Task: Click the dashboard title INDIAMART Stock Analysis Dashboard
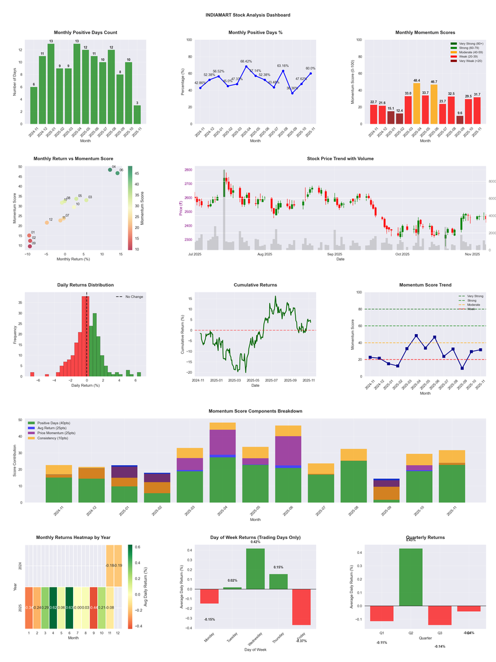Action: pos(248,14)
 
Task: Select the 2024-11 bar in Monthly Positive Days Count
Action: pos(33,106)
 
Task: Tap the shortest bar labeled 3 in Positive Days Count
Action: pos(137,115)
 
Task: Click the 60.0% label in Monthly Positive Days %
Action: pos(310,69)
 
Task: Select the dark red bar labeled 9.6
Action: pos(459,119)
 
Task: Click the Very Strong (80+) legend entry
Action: pos(471,44)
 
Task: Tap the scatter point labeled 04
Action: pos(110,170)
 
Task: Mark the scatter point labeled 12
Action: pos(46,222)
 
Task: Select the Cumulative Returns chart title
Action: pos(255,285)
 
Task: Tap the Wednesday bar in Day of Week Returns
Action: pos(255,568)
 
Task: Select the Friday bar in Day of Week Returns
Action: pos(301,607)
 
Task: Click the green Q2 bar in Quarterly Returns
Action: pos(411,577)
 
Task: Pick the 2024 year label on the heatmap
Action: pos(20,566)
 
